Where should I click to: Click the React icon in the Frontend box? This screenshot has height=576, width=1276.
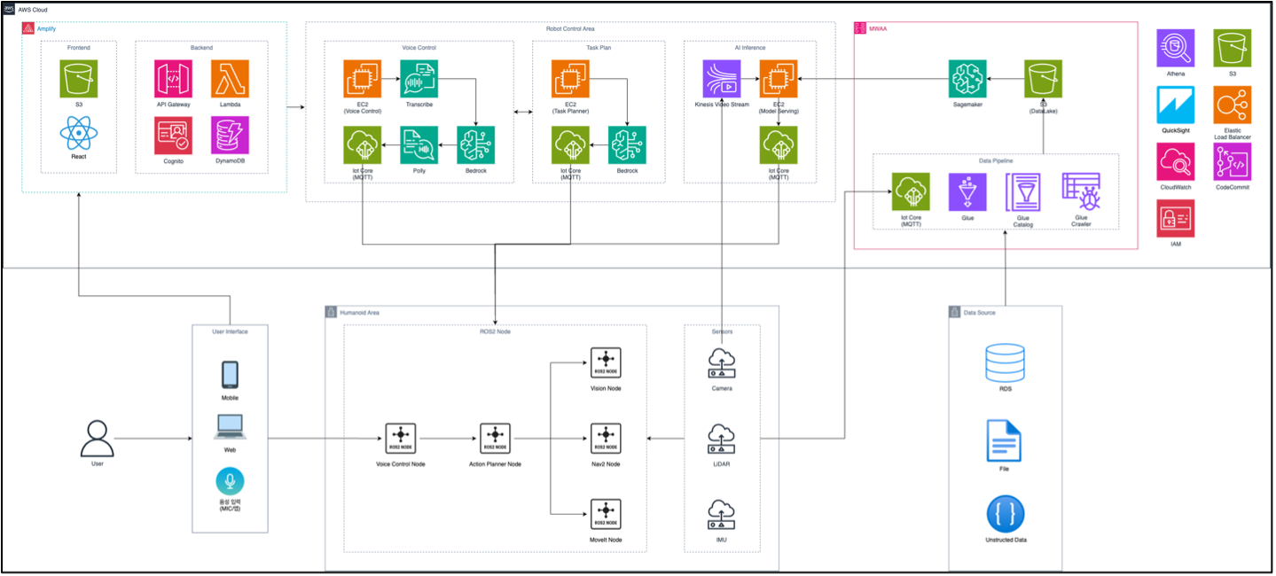tap(78, 136)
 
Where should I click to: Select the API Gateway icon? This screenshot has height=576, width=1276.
tap(173, 79)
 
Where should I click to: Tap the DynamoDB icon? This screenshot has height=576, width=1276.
tap(230, 135)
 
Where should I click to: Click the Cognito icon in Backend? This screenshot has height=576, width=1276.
tap(173, 135)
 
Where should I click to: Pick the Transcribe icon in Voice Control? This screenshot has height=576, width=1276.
tap(419, 79)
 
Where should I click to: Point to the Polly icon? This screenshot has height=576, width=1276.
tap(419, 144)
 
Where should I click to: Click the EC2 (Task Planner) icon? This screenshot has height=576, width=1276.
tap(569, 79)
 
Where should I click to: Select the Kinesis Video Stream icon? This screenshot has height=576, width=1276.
tap(721, 79)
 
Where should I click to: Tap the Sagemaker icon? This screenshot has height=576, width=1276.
tap(967, 79)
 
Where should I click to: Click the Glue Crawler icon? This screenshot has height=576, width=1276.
tap(1080, 191)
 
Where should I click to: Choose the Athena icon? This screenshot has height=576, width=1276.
tap(1175, 48)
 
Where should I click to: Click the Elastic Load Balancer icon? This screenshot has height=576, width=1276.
tap(1232, 105)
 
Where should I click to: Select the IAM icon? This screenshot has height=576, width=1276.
tap(1175, 218)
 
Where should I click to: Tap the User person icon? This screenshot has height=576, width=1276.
tap(97, 438)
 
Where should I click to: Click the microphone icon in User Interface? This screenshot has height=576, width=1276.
tap(230, 481)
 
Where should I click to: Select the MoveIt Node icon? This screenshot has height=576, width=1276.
tap(606, 514)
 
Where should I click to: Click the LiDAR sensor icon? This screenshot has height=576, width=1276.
tap(721, 438)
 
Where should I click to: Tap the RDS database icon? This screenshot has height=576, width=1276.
tap(1005, 363)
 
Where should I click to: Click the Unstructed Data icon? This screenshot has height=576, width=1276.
tap(1005, 514)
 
